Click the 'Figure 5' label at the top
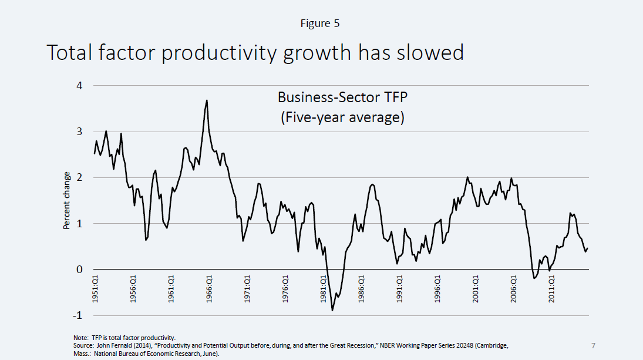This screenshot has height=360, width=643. click(320, 23)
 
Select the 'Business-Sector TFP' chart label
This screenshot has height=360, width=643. click(342, 97)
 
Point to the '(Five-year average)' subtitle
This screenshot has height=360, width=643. click(342, 117)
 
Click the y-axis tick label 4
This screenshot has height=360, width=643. click(79, 86)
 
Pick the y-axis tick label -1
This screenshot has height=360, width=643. click(78, 316)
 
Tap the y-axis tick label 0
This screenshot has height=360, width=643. click(79, 270)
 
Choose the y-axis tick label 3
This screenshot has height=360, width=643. click(79, 132)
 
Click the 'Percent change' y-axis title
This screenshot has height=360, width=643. click(67, 201)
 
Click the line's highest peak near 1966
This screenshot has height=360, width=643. click(207, 100)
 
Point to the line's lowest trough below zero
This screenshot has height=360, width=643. click(332, 310)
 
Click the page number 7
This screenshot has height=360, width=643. click(592, 345)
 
